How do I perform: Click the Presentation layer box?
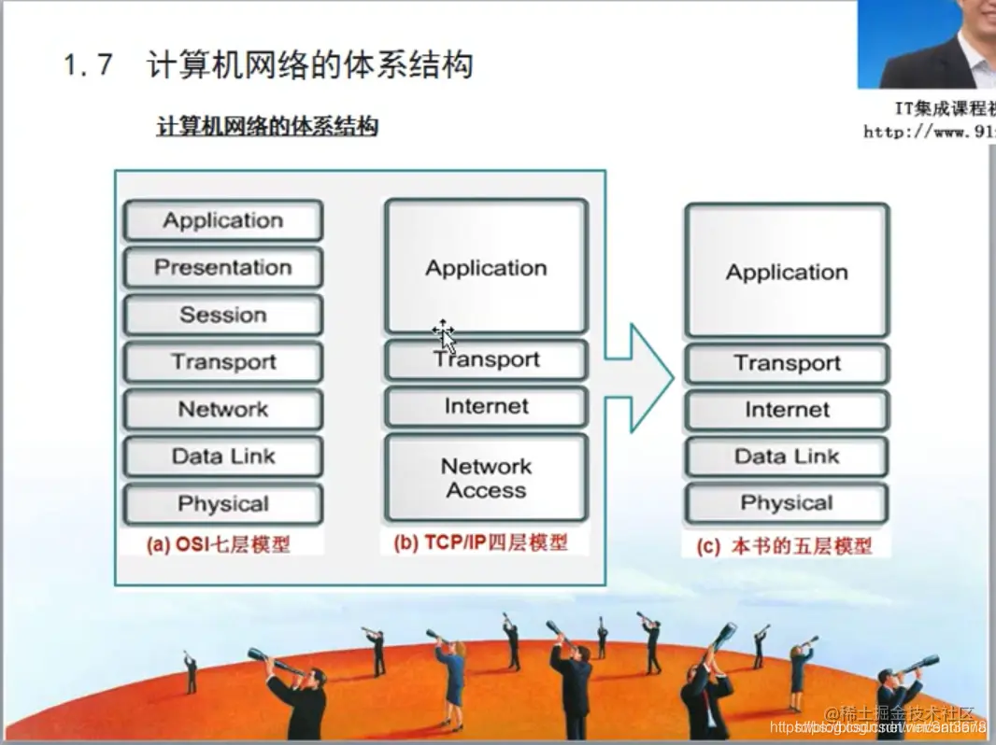tap(223, 268)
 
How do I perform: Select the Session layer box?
tap(223, 316)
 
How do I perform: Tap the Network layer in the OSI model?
tap(223, 410)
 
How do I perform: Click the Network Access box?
tap(486, 478)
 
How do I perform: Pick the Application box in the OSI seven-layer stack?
tap(223, 221)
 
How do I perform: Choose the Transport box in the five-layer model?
tap(787, 364)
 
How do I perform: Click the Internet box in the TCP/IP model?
tap(486, 407)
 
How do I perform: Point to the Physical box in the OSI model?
tap(223, 505)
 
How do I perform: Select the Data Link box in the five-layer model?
tap(787, 457)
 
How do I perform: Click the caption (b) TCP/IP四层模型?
tap(481, 542)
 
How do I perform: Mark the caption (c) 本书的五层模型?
tap(784, 547)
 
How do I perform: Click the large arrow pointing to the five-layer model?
tap(640, 378)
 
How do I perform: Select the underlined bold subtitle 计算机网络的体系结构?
tap(267, 126)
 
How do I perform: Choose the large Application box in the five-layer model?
tap(787, 273)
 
